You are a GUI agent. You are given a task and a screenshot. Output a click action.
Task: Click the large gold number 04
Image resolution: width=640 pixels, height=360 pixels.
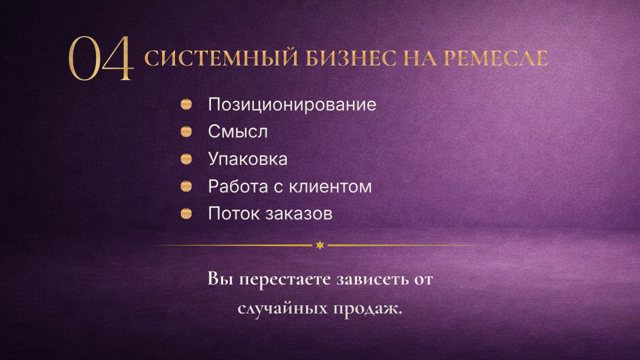click(x=101, y=58)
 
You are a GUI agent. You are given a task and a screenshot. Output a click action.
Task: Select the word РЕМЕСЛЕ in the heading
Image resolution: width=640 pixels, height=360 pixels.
click(x=495, y=58)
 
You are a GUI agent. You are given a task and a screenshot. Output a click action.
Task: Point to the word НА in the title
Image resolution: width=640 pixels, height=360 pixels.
click(x=420, y=58)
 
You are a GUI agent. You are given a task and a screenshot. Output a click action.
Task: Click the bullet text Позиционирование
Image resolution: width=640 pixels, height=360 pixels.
click(x=292, y=104)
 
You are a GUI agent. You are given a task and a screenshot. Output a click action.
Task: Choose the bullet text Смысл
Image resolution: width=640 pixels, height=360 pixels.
click(x=237, y=131)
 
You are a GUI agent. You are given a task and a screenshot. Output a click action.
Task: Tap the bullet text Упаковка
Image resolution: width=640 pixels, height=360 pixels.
click(x=247, y=159)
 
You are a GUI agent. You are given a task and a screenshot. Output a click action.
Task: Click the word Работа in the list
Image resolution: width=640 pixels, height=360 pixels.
click(x=238, y=186)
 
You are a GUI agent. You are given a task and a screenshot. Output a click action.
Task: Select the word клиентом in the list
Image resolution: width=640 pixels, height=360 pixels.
click(x=330, y=187)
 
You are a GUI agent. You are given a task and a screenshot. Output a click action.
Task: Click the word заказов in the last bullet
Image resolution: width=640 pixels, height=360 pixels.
click(x=299, y=214)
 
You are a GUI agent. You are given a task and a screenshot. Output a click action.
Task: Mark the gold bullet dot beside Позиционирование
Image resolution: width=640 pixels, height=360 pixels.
click(x=186, y=104)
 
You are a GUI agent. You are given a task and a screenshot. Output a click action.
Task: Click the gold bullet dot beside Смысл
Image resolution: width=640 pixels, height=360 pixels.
click(x=186, y=131)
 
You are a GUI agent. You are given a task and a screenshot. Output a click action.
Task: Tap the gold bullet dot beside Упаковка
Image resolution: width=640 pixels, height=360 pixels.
click(x=186, y=159)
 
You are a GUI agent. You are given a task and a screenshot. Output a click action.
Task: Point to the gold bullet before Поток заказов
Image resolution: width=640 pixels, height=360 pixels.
click(x=186, y=213)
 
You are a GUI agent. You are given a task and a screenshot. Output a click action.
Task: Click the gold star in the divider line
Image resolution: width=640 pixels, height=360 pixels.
click(x=320, y=245)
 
